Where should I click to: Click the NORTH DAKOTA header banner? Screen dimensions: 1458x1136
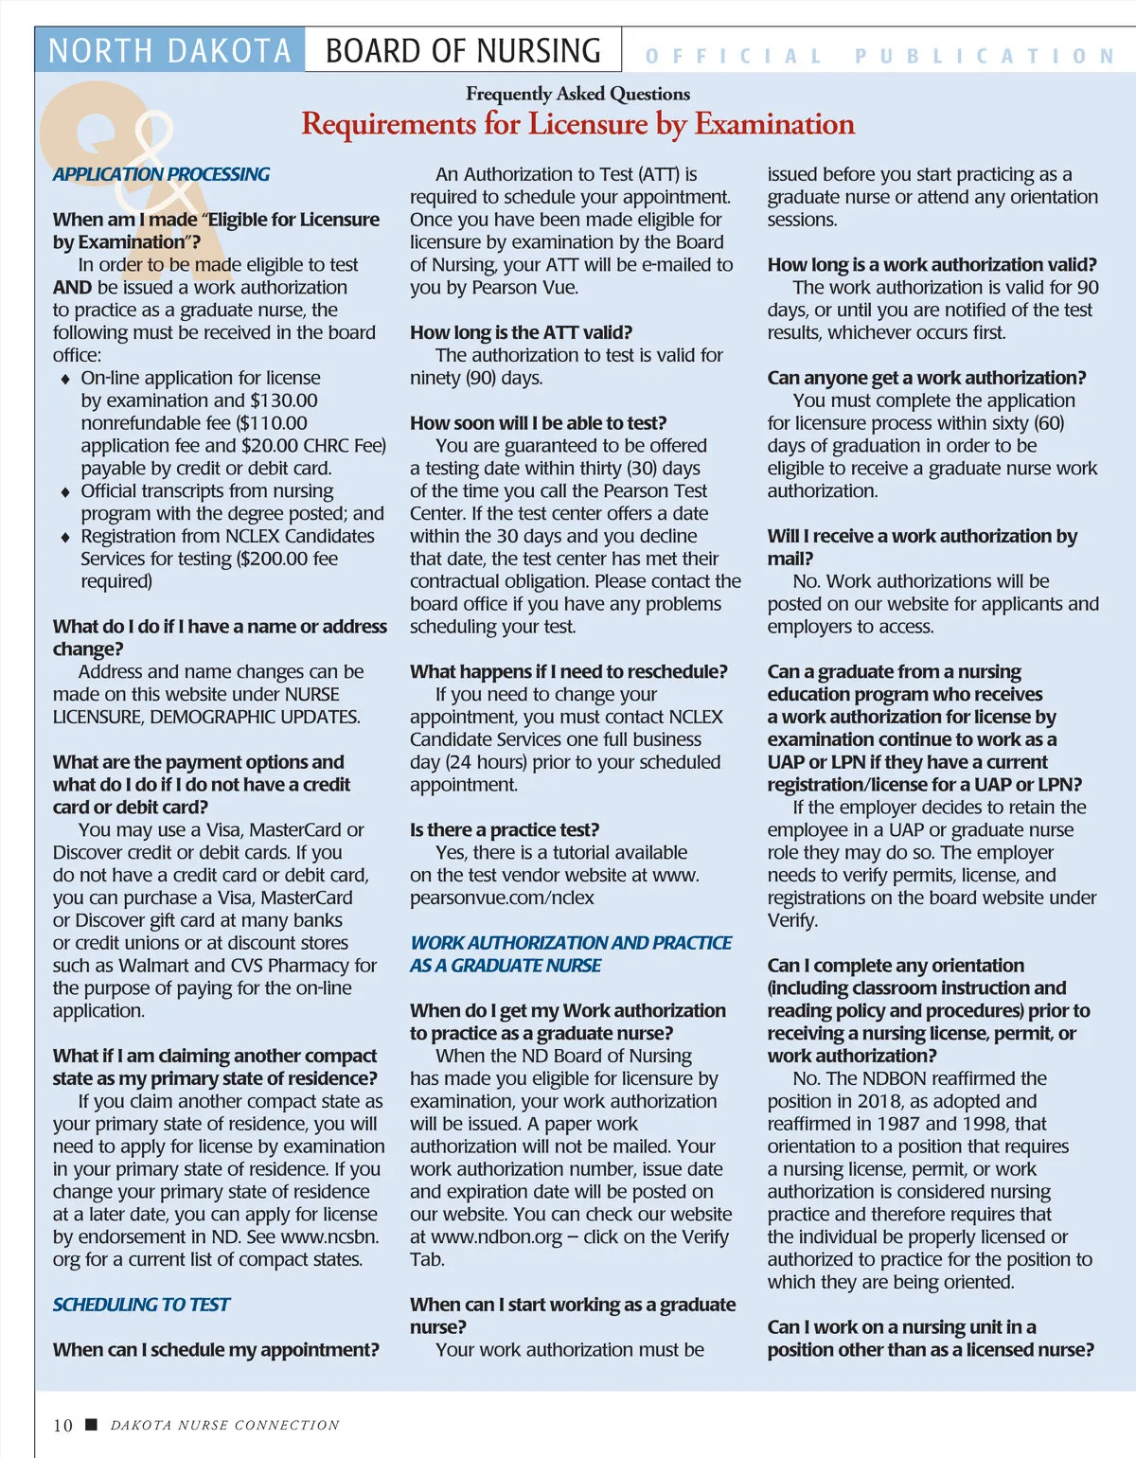pyautogui.click(x=169, y=50)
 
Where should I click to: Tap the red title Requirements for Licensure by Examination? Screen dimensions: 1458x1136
pyautogui.click(x=577, y=124)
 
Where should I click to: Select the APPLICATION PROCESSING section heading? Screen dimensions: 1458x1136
pyautogui.click(x=161, y=174)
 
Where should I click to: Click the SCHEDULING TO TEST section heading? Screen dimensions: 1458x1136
pyautogui.click(x=141, y=1305)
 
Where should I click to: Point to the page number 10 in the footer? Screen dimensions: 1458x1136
pyautogui.click(x=62, y=1425)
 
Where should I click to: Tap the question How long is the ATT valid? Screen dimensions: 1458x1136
pyautogui.click(x=521, y=332)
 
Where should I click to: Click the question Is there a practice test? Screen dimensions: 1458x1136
pyautogui.click(x=505, y=829)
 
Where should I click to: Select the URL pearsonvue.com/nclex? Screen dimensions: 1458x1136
pyautogui.click(x=502, y=898)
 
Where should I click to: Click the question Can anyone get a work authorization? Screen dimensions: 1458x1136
pyautogui.click(x=926, y=378)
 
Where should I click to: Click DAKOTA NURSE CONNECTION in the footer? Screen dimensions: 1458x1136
pyautogui.click(x=224, y=1425)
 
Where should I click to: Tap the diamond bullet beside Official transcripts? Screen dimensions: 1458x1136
pyautogui.click(x=64, y=492)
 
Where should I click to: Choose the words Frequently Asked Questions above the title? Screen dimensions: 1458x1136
pyautogui.click(x=577, y=94)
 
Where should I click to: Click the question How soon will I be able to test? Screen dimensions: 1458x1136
pyautogui.click(x=538, y=423)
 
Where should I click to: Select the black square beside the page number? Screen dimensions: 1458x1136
pyautogui.click(x=92, y=1424)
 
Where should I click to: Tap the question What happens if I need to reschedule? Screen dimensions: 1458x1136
pyautogui.click(x=568, y=671)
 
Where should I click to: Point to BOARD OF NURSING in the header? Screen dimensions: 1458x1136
pyautogui.click(x=463, y=50)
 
